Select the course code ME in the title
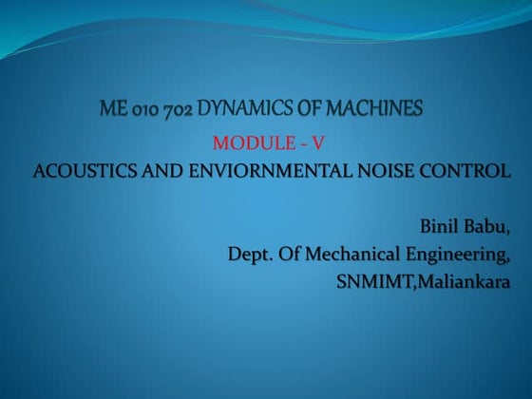coord(111,110)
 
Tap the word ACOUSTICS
coord(80,172)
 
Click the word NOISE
coord(377,172)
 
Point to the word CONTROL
coord(460,172)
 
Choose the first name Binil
coord(439,228)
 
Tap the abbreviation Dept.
coord(248,256)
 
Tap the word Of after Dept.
coord(288,256)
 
